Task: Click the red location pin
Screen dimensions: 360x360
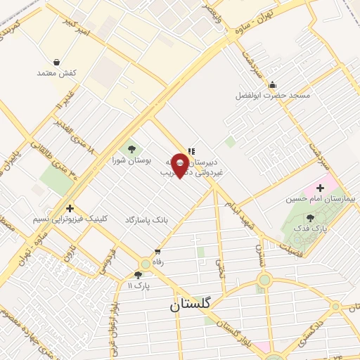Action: (x=181, y=165)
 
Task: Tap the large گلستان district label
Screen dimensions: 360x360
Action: (x=193, y=307)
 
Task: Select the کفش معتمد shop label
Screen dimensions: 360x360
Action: (x=58, y=73)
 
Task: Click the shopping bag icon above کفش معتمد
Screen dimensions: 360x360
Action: (x=56, y=62)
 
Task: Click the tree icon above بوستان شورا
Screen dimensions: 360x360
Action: (x=131, y=148)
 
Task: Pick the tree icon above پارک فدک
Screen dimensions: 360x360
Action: (x=311, y=218)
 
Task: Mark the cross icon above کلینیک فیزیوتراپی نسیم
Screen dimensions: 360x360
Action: (x=70, y=208)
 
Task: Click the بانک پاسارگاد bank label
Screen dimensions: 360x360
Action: (x=147, y=220)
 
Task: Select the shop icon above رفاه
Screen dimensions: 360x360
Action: (x=157, y=251)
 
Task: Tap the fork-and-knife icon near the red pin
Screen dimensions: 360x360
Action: (x=191, y=150)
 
